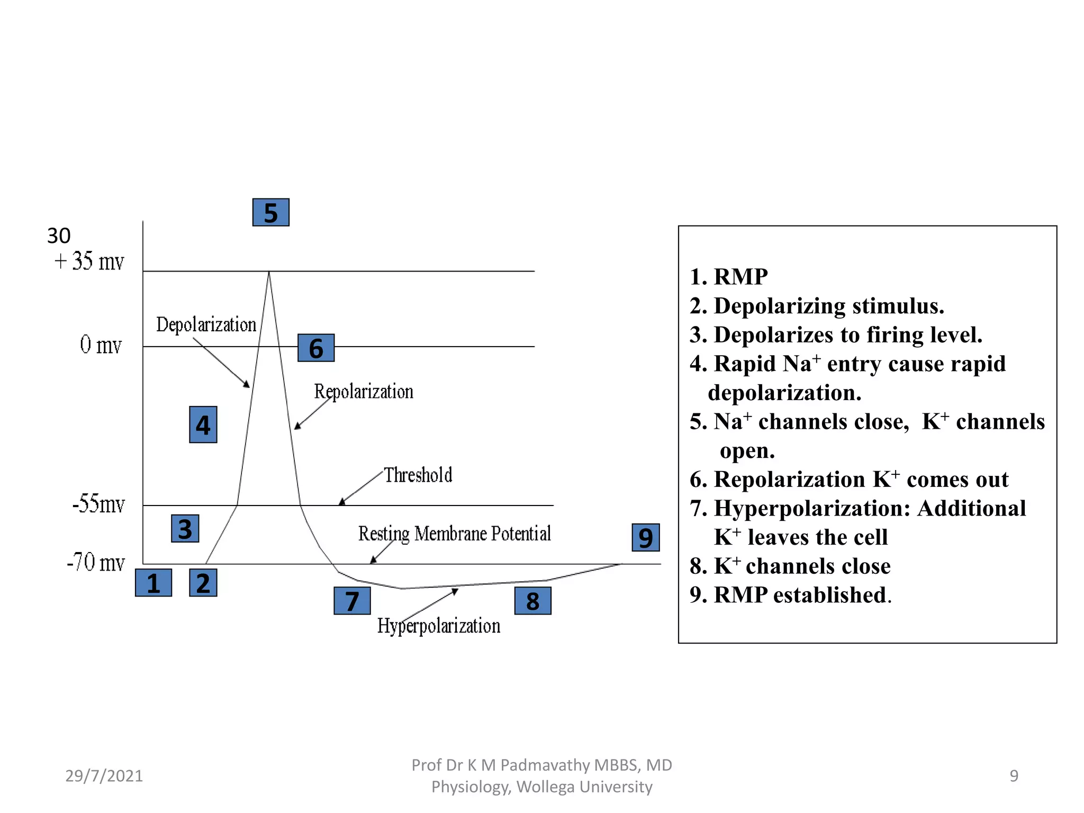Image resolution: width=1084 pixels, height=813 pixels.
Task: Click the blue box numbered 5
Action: (x=270, y=212)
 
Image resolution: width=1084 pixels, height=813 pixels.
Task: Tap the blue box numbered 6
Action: (x=316, y=348)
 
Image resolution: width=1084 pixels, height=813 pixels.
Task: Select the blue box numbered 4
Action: (x=203, y=424)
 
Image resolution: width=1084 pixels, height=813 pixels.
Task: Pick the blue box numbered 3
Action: (x=185, y=528)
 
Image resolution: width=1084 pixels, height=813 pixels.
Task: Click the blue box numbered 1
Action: (x=153, y=583)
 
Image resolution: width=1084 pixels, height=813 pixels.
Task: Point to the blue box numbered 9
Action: (x=646, y=537)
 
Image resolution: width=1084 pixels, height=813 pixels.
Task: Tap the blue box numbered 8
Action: (x=532, y=601)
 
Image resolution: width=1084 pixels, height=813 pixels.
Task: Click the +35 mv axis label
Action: (x=89, y=261)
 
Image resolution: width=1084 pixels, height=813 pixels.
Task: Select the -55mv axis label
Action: (x=98, y=504)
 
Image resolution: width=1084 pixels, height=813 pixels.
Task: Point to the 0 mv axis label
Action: (x=101, y=345)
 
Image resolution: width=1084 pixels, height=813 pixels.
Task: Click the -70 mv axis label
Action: (x=96, y=562)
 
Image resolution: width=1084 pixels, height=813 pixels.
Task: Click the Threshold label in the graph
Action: (x=418, y=475)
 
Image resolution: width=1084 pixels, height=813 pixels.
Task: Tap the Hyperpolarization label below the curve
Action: (x=438, y=626)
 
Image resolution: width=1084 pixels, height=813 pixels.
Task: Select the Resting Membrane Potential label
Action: (x=454, y=534)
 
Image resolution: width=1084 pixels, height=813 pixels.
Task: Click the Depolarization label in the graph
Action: (x=206, y=324)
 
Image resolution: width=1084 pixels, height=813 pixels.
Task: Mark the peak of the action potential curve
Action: (x=269, y=272)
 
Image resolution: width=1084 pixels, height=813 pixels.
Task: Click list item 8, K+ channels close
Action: (x=790, y=566)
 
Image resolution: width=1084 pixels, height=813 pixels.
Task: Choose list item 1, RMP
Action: (x=729, y=277)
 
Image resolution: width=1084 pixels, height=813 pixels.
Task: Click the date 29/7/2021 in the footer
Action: (x=104, y=775)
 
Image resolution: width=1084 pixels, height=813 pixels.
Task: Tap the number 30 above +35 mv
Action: (x=59, y=236)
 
